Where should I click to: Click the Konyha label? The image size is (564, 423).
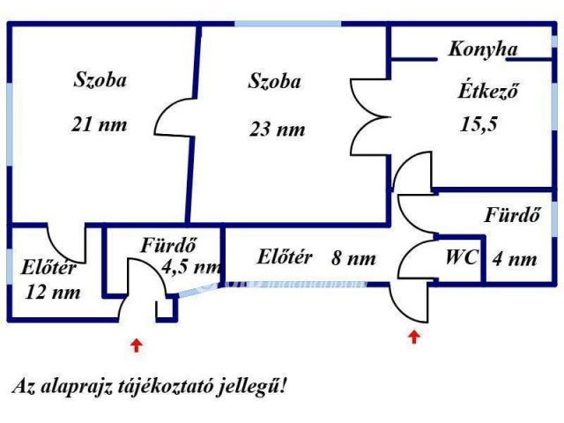point(483,49)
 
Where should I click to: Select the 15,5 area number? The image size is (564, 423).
point(479,123)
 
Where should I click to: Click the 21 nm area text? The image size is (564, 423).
point(99,124)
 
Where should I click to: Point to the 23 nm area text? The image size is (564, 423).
point(277,130)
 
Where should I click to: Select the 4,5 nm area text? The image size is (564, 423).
point(191,265)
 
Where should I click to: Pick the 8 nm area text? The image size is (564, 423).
point(354,258)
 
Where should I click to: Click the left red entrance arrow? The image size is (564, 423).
point(136,345)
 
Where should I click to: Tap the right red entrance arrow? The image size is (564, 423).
point(414,336)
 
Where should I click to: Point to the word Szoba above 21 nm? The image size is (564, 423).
point(99,80)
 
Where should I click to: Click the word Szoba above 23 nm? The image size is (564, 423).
point(274,82)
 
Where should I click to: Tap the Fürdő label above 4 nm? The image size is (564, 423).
point(511,214)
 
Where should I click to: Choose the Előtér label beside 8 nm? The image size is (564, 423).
point(285,257)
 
